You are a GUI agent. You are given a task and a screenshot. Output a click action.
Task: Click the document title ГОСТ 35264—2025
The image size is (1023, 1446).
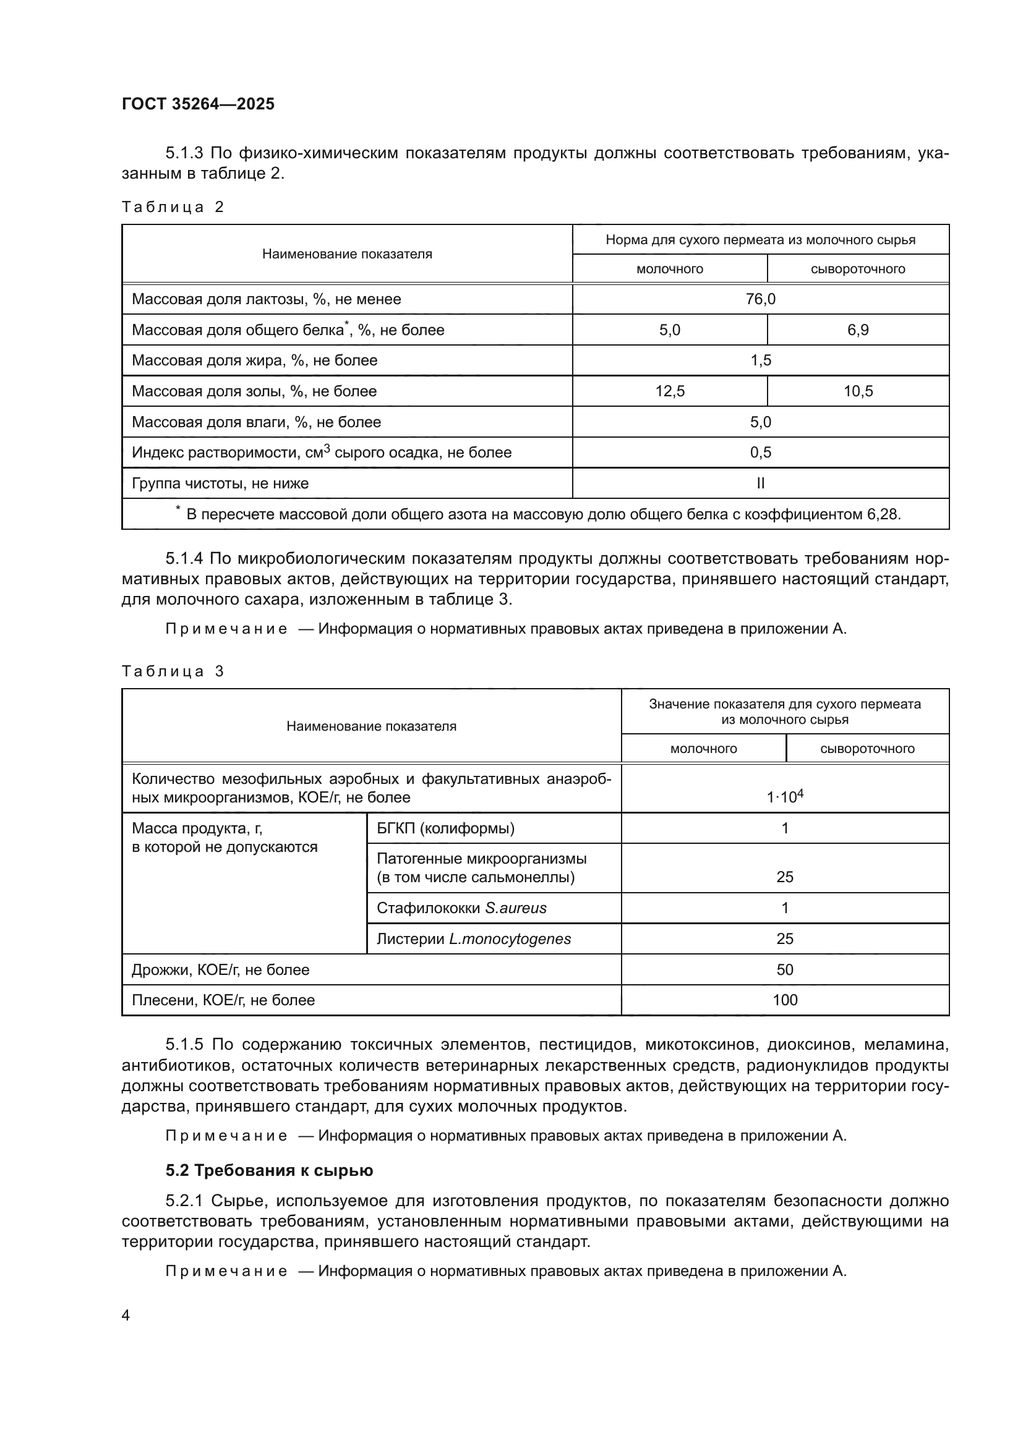pos(198,104)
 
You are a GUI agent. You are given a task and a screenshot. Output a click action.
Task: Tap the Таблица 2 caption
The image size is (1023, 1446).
pos(173,207)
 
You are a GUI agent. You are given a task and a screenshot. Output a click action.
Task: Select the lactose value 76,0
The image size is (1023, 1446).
pos(760,299)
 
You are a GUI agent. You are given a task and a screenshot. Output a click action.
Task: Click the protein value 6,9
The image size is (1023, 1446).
pos(858,330)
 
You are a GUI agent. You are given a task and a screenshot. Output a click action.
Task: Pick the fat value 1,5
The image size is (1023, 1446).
pos(760,360)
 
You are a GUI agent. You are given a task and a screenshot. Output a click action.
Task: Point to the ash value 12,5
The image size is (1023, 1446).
pos(670,391)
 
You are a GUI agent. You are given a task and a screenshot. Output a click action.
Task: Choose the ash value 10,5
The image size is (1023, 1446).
pos(858,391)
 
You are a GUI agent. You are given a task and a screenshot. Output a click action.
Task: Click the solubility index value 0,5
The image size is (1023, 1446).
pos(760,452)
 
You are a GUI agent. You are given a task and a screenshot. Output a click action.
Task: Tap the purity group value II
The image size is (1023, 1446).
pos(760,483)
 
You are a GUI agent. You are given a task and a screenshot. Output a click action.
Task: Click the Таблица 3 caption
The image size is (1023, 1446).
pos(173,671)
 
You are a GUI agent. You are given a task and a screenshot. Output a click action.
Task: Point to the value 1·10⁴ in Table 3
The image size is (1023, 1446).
pos(785,797)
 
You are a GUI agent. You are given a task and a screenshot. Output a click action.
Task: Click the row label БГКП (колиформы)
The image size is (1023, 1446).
pos(445,828)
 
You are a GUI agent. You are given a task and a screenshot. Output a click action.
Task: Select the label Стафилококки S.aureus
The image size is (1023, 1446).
pos(461,908)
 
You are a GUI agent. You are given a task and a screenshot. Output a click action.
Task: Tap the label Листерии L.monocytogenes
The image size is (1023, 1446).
pos(473,939)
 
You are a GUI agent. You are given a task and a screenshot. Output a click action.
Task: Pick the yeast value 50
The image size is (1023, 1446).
pos(785,970)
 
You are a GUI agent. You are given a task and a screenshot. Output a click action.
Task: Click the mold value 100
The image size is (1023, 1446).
pos(785,1000)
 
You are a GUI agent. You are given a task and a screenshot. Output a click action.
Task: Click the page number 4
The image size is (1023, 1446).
pos(126,1316)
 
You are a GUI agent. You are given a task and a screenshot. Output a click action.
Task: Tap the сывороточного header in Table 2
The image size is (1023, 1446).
pos(858,270)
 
